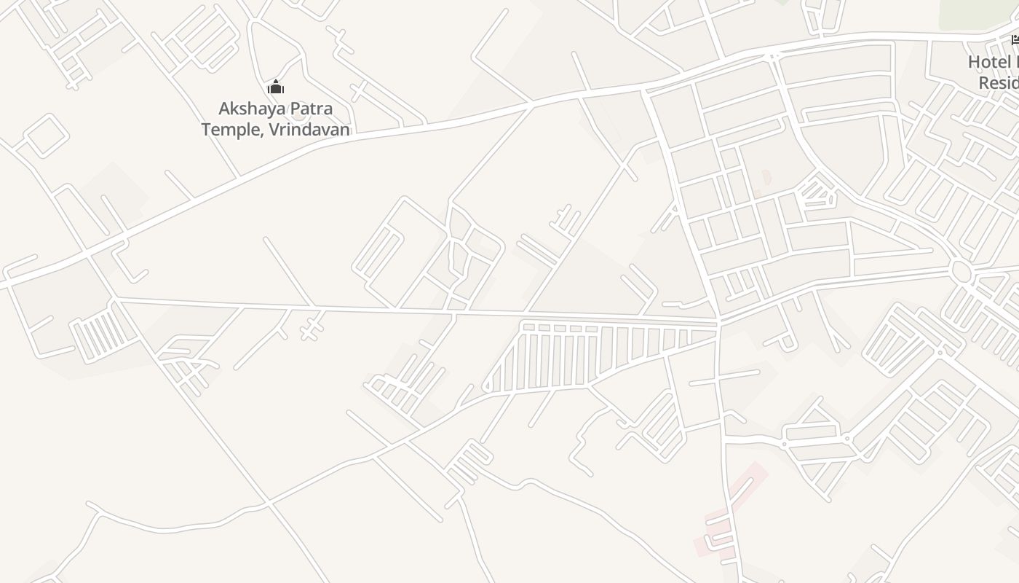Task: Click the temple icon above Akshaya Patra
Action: (276, 87)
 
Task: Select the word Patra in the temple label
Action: (311, 109)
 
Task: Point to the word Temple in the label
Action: (224, 130)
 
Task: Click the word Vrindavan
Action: (309, 130)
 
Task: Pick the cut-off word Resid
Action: (998, 82)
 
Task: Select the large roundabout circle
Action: (961, 270)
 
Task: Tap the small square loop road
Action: (46, 135)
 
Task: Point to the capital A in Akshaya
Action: (225, 109)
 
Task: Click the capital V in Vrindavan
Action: (274, 130)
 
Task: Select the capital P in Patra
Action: (296, 109)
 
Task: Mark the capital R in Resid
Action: (984, 82)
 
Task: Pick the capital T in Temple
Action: (207, 130)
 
